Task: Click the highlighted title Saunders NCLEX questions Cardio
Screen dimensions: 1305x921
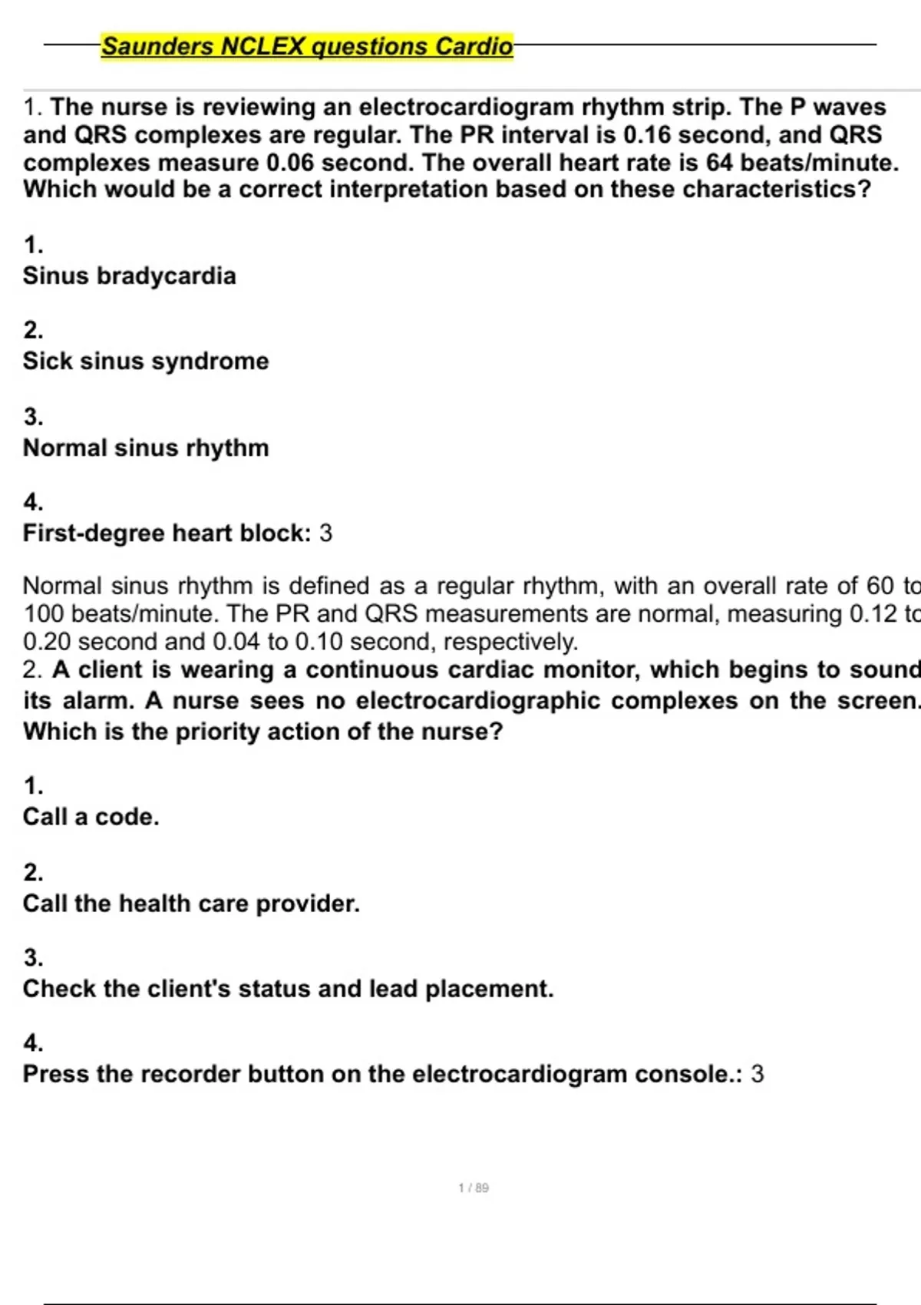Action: [307, 46]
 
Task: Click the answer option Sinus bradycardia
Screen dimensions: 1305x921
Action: [129, 276]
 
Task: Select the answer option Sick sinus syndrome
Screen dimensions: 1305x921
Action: [146, 361]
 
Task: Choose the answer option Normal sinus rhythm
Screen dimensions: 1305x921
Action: [146, 448]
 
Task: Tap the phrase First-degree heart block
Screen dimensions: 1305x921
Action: [164, 533]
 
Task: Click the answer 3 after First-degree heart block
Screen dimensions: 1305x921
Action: [326, 533]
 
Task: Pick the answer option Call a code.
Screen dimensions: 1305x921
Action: [91, 817]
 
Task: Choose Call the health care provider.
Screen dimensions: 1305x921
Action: [191, 904]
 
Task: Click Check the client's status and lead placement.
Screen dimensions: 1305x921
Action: [288, 989]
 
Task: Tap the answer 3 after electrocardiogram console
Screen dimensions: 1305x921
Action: [758, 1074]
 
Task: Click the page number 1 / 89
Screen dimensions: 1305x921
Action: [474, 1188]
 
